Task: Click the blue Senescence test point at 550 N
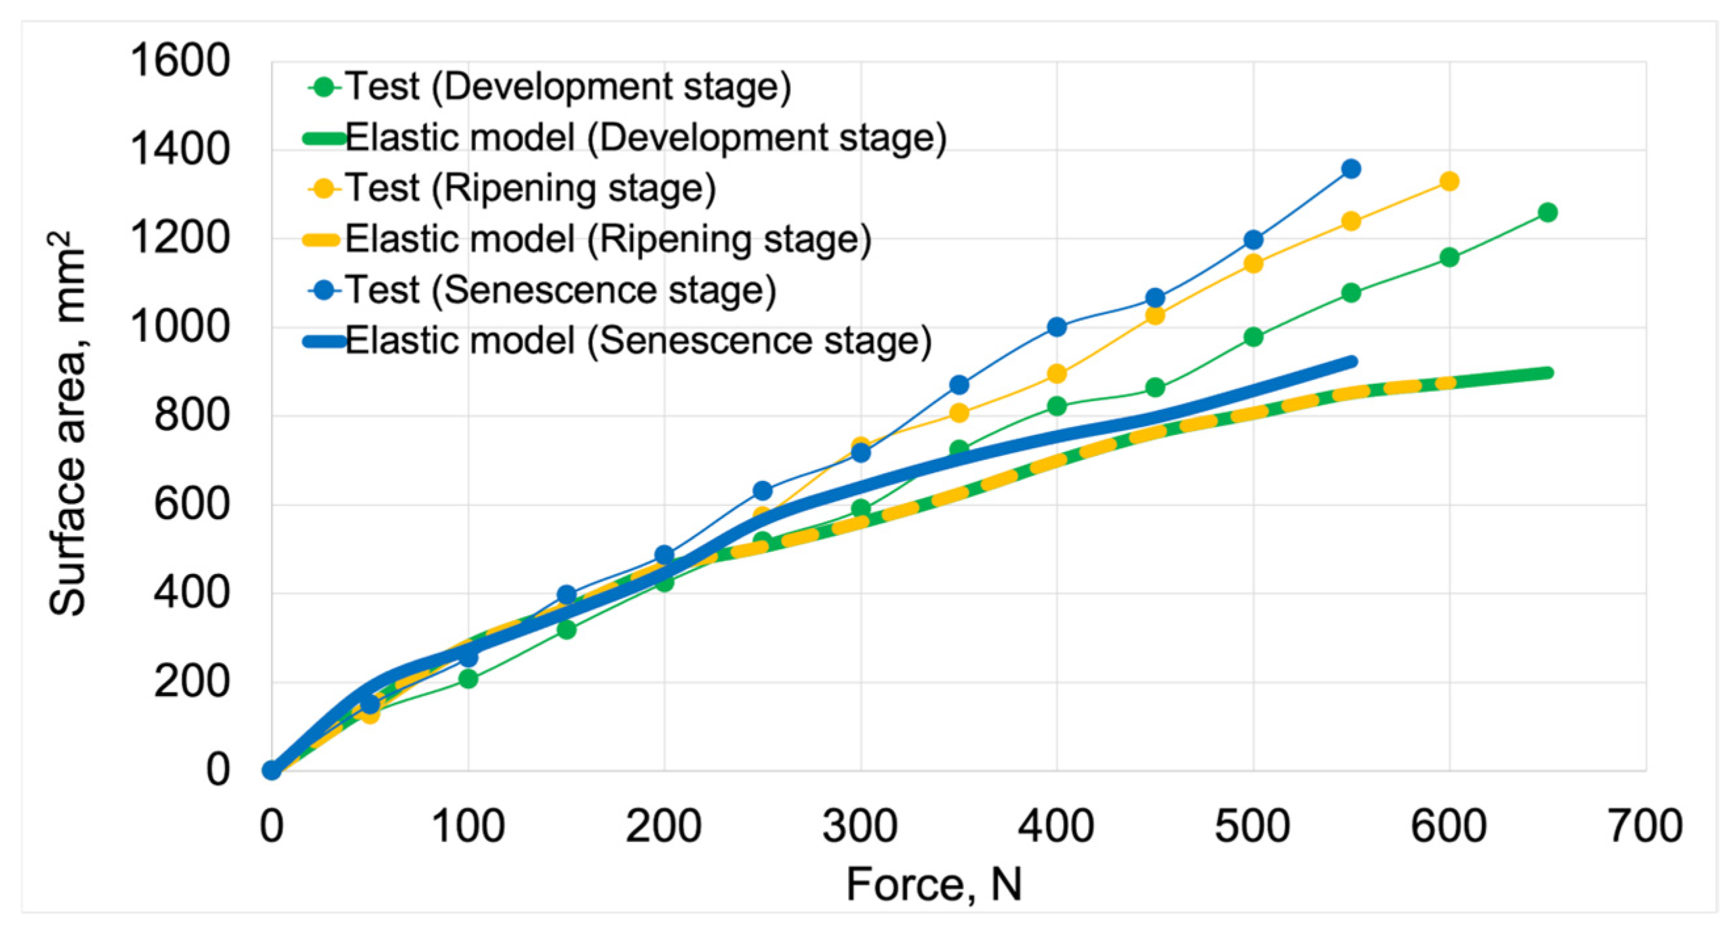(1350, 169)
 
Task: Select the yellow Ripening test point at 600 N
(1449, 181)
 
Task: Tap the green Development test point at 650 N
(1548, 212)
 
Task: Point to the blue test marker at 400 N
(1056, 327)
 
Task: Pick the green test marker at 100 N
(468, 678)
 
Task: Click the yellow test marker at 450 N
(1154, 315)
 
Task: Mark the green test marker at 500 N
(1253, 337)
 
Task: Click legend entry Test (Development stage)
(567, 87)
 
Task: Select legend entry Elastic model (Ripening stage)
(607, 239)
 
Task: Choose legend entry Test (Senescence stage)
(560, 290)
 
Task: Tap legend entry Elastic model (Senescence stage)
(637, 341)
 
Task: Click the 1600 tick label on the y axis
(180, 60)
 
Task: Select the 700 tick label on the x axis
(1644, 826)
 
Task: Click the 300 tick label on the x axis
(860, 826)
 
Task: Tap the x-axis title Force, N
(934, 884)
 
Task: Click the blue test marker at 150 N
(566, 594)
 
